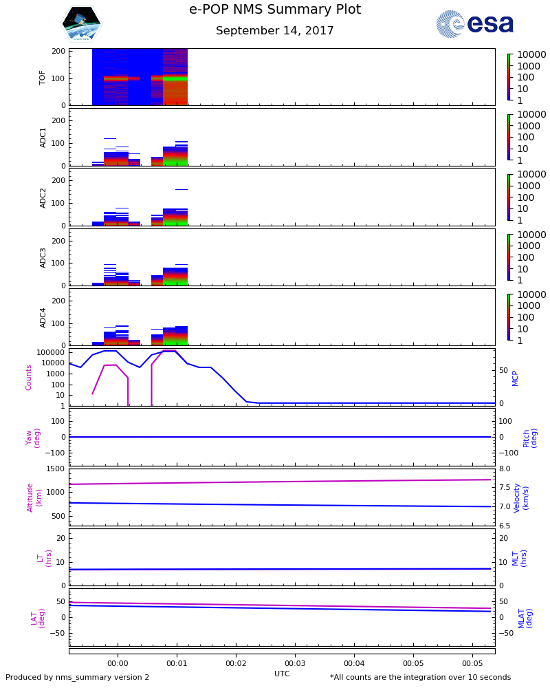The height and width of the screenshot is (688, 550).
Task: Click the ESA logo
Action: (475, 24)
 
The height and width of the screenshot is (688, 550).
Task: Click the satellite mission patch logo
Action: (81, 24)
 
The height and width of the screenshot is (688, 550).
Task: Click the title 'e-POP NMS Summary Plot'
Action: (275, 10)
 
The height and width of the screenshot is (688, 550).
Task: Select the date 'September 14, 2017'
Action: (275, 31)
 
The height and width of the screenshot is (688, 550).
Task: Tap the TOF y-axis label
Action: (43, 77)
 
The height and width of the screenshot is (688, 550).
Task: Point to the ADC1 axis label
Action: (43, 137)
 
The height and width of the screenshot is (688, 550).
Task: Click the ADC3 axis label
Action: (43, 257)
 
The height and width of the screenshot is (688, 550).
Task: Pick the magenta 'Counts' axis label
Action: (29, 377)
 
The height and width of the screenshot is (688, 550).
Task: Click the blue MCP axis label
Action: (515, 377)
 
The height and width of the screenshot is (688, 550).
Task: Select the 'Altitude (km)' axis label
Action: (34, 497)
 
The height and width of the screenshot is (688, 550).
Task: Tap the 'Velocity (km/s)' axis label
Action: (521, 497)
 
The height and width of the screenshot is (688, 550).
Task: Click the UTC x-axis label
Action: (282, 674)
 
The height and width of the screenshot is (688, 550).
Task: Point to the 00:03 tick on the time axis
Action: (295, 663)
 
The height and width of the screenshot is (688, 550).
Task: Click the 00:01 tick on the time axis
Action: (177, 663)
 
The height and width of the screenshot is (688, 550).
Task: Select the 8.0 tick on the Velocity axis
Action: (504, 469)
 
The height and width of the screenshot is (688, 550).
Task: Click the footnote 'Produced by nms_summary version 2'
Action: (78, 678)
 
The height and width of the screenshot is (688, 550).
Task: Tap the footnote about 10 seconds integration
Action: (420, 678)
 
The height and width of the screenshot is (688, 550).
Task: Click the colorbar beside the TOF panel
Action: (509, 77)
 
